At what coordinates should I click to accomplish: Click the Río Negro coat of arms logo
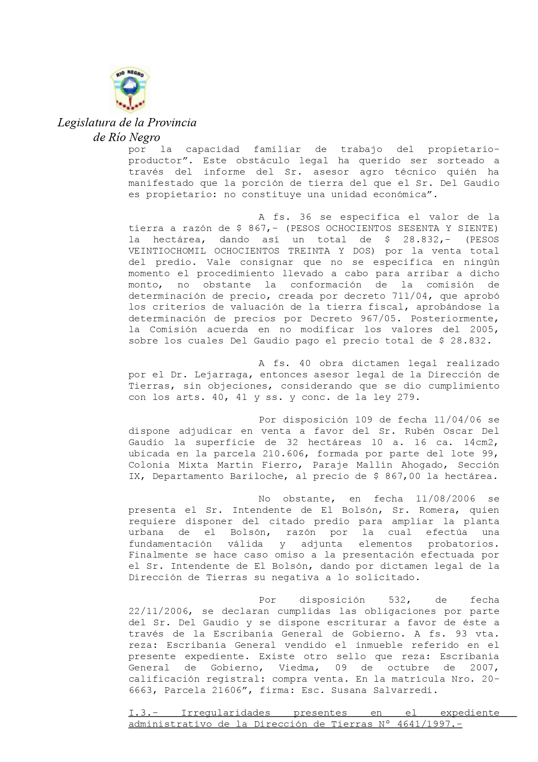129,90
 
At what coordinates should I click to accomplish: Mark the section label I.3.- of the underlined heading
143,713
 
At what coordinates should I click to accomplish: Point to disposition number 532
397,600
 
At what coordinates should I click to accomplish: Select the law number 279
406,397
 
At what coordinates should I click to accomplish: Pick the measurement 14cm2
481,442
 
